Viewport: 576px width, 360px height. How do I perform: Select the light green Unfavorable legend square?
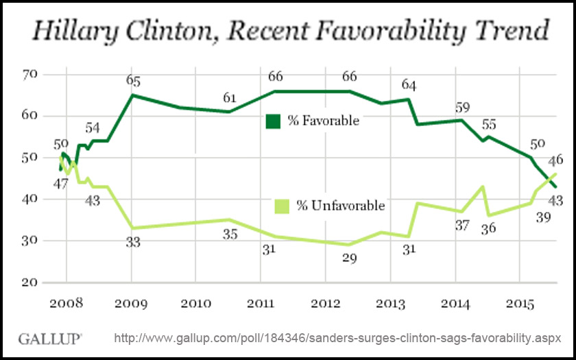[281, 206]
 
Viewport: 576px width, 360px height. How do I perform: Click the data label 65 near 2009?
[134, 80]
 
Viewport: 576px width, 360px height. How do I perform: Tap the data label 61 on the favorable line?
[230, 98]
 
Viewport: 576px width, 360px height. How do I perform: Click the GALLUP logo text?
[50, 339]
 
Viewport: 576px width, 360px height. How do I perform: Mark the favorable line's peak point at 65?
[132, 95]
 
